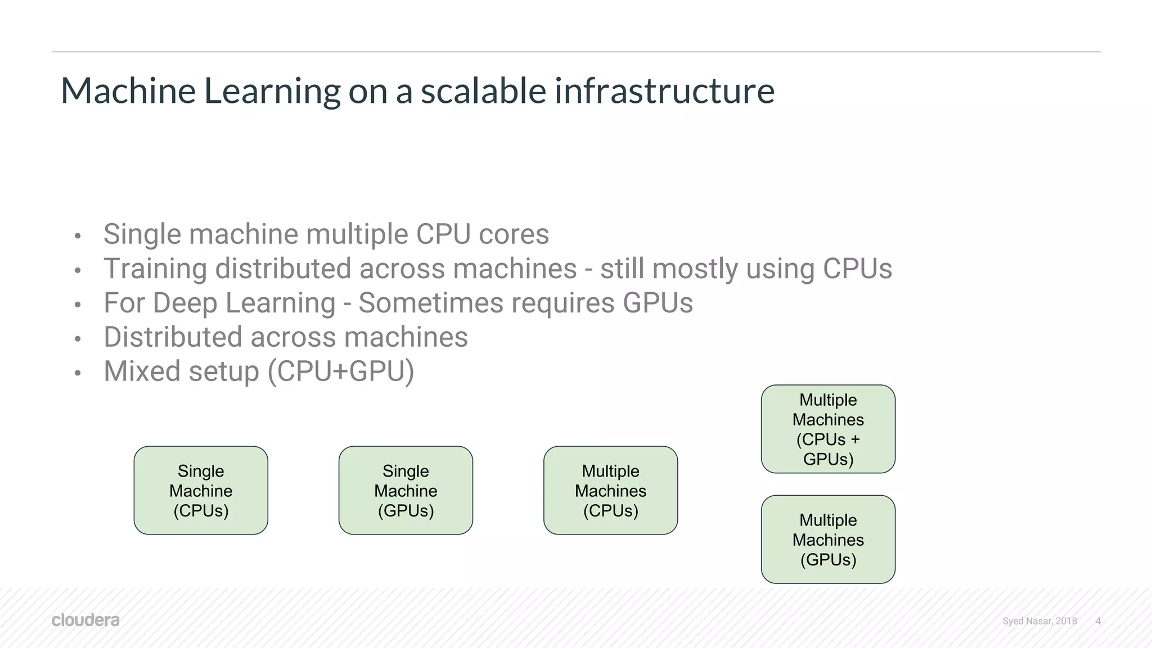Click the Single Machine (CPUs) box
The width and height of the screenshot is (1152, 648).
(201, 490)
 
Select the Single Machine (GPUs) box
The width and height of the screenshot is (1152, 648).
(406, 490)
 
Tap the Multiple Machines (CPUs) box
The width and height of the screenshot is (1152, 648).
(610, 490)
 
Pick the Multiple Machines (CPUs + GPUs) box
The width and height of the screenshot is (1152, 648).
(828, 429)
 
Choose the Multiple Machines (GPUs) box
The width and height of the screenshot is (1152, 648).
(828, 539)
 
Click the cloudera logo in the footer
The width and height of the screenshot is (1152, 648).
(85, 620)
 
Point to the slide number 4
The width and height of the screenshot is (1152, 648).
(1098, 621)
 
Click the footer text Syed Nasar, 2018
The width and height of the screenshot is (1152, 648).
(1039, 621)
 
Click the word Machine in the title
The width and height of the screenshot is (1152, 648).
(128, 91)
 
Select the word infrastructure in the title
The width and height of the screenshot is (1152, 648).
(664, 91)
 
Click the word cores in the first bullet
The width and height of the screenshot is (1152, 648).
(514, 234)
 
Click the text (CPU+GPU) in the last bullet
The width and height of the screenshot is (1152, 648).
(341, 371)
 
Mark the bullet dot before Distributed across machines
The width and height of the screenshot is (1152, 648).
(78, 339)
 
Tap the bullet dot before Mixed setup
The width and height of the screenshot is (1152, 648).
(78, 373)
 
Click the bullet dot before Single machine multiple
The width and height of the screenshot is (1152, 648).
(78, 236)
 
